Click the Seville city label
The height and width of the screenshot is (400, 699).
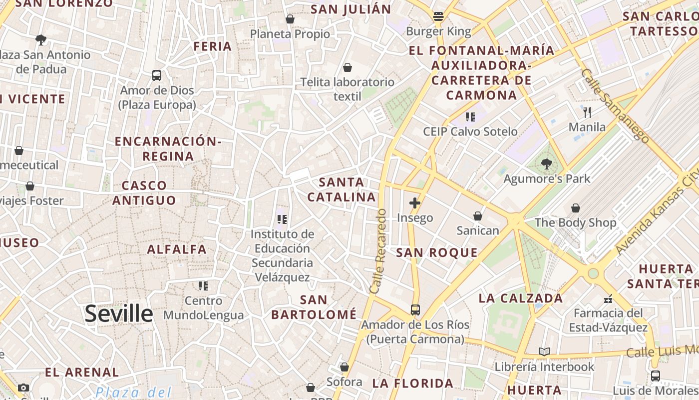(118, 313)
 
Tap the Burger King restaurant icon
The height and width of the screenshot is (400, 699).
(438, 16)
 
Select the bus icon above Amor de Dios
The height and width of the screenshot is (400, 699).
(157, 75)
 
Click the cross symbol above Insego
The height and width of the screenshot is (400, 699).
(414, 203)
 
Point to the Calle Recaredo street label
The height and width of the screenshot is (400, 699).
(378, 251)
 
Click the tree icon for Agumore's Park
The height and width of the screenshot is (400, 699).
(547, 163)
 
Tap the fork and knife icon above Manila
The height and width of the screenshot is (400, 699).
(587, 112)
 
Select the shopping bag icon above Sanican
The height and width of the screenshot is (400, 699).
(478, 215)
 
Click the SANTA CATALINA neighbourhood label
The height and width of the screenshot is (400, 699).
(342, 189)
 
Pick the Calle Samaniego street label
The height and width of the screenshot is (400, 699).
(615, 105)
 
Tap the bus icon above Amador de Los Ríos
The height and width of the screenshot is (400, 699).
(415, 309)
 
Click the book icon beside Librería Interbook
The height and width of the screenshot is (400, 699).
(544, 351)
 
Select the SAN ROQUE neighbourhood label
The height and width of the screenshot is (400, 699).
(437, 252)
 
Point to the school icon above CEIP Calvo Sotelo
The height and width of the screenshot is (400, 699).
(470, 117)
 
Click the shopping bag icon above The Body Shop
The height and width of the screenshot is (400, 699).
(576, 207)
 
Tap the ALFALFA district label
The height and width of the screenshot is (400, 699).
(177, 249)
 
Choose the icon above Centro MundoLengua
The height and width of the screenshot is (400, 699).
(203, 286)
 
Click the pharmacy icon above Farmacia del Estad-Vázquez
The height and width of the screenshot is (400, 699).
(608, 298)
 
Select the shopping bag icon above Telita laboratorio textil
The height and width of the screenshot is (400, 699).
(348, 67)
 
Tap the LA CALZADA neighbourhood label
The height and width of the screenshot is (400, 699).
(521, 298)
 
